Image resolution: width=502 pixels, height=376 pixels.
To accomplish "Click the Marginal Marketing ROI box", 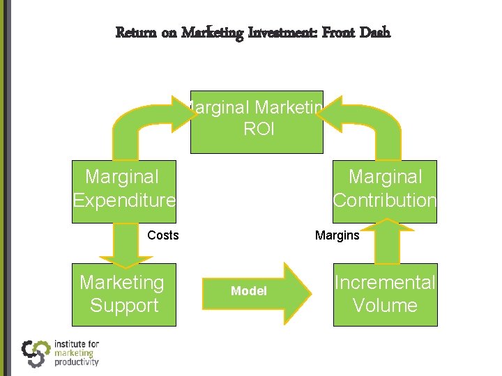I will (x=257, y=122).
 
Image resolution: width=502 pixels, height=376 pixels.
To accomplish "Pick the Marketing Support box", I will (x=124, y=295).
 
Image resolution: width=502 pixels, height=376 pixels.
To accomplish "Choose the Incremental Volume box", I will (x=385, y=295).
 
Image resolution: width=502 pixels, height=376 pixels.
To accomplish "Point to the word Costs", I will (x=163, y=235).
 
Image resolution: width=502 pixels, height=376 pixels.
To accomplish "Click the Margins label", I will (x=337, y=235).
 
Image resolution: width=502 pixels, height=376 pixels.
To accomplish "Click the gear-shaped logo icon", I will (x=35, y=353).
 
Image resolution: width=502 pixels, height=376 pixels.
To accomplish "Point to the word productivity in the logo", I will (x=76, y=361).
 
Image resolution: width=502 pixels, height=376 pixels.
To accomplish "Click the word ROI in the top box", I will (x=259, y=130).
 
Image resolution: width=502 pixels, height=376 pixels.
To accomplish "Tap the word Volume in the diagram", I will (x=385, y=306).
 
